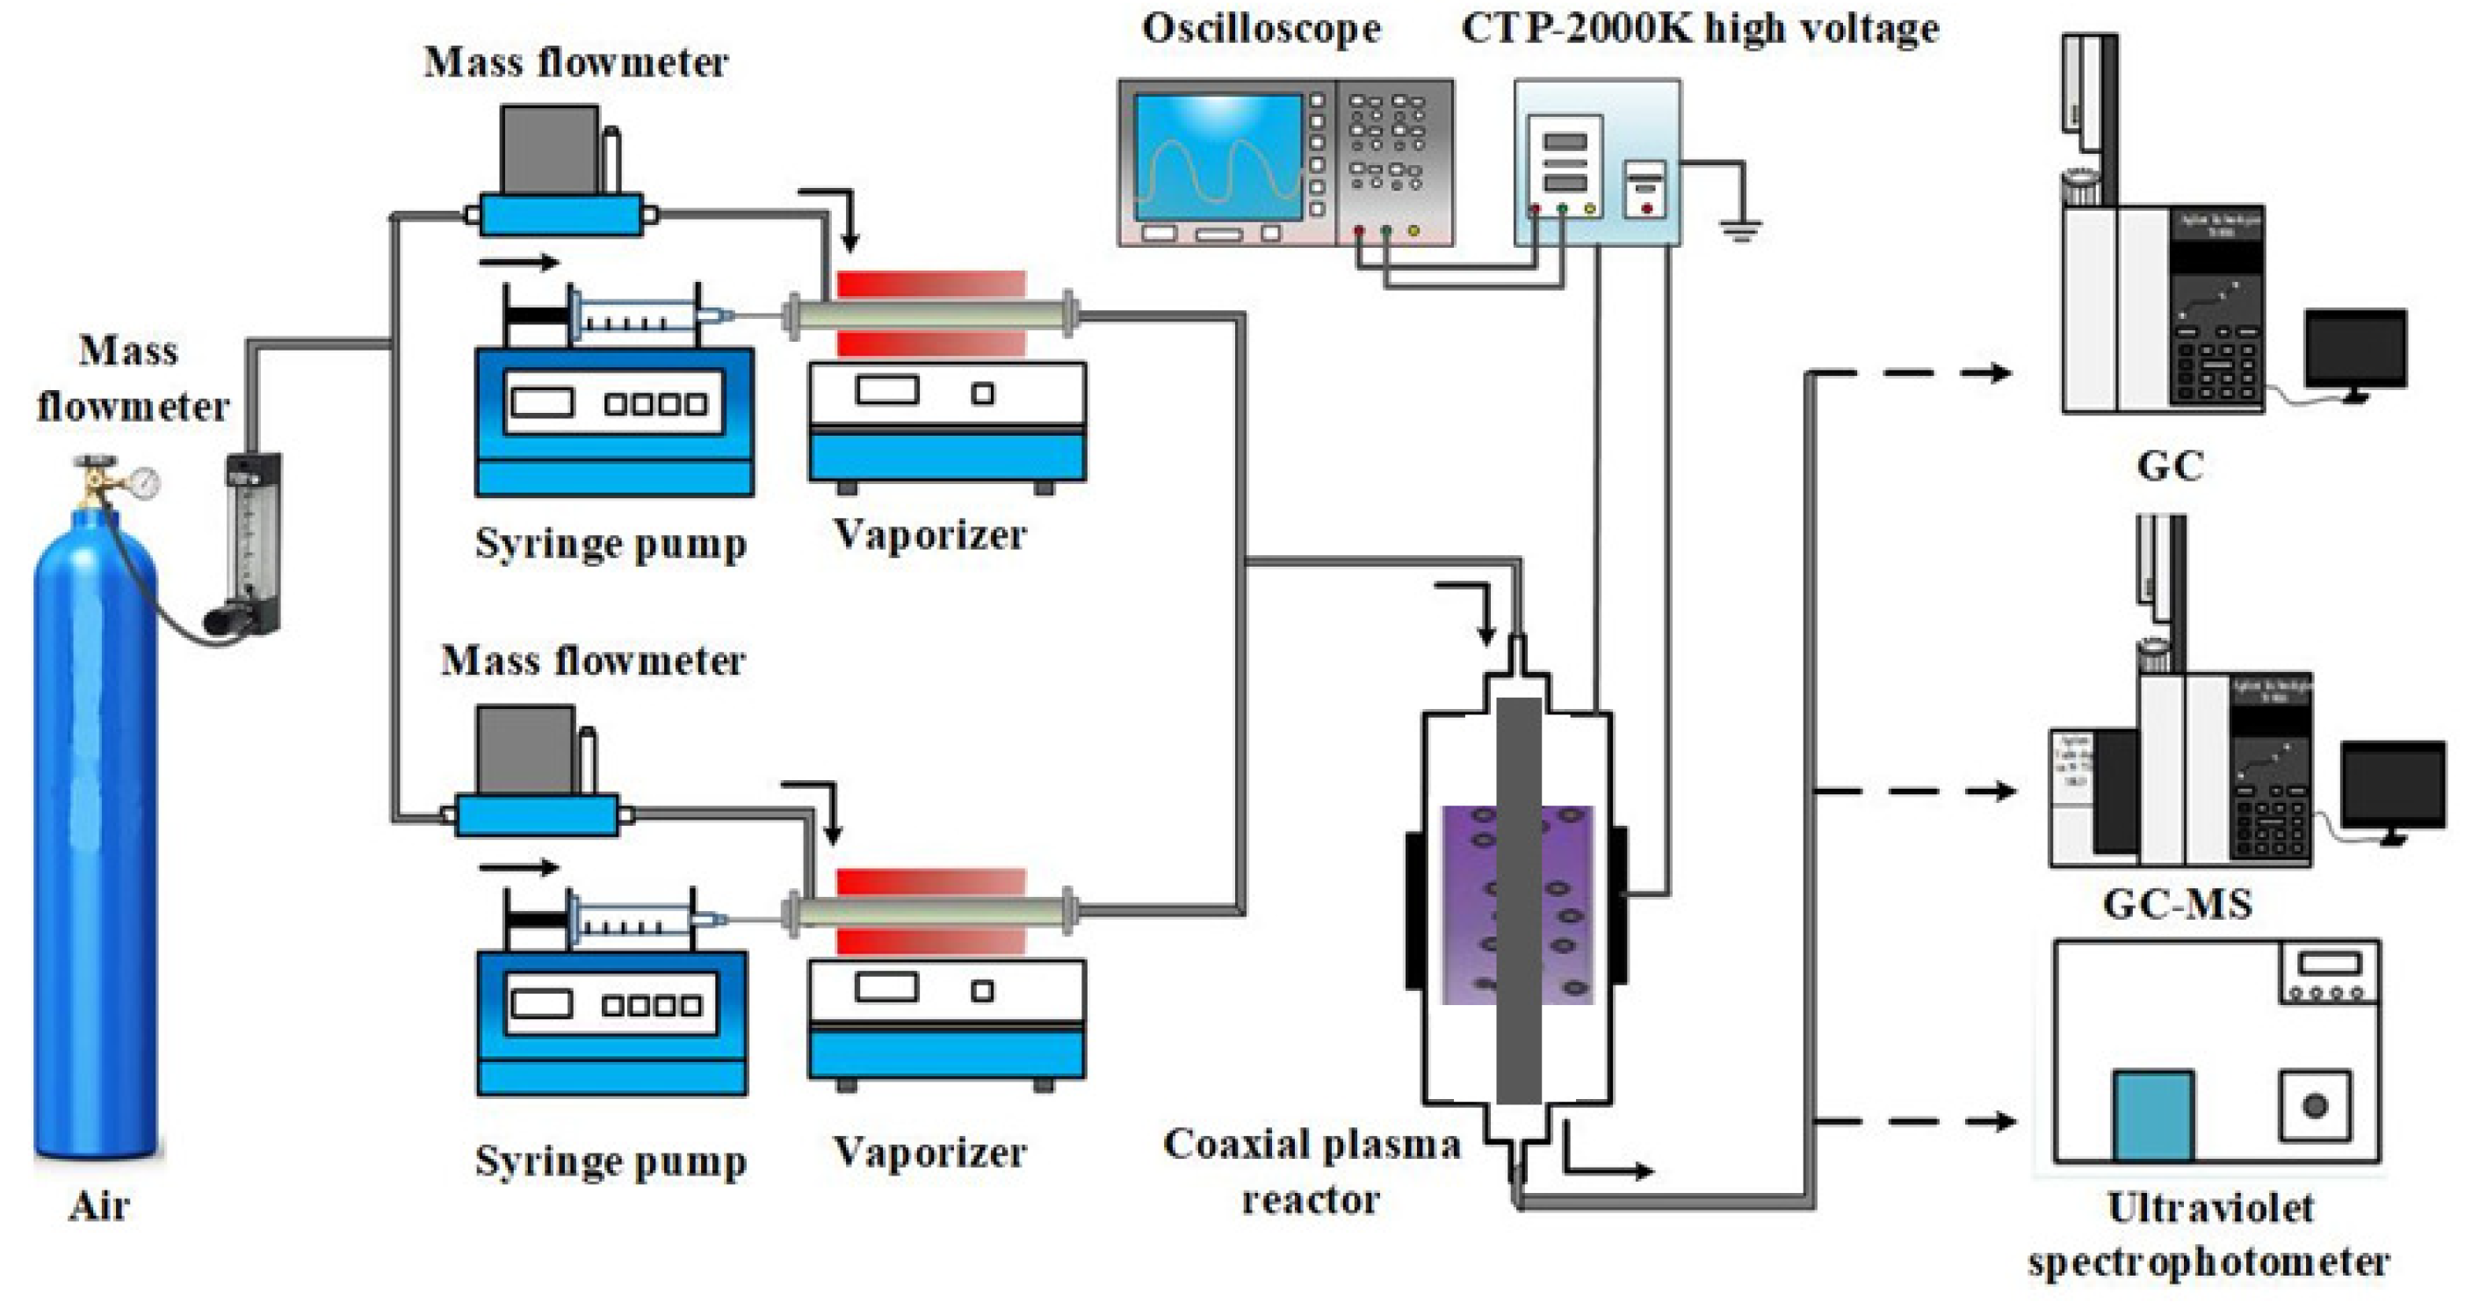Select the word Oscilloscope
1261,29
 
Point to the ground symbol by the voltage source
1739,229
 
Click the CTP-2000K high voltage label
1700,29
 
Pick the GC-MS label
2177,903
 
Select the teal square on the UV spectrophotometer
2153,1115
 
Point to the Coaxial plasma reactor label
1311,1170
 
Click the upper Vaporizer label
929,534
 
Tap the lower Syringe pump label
611,1161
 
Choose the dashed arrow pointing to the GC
1914,373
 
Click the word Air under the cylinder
98,1205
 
